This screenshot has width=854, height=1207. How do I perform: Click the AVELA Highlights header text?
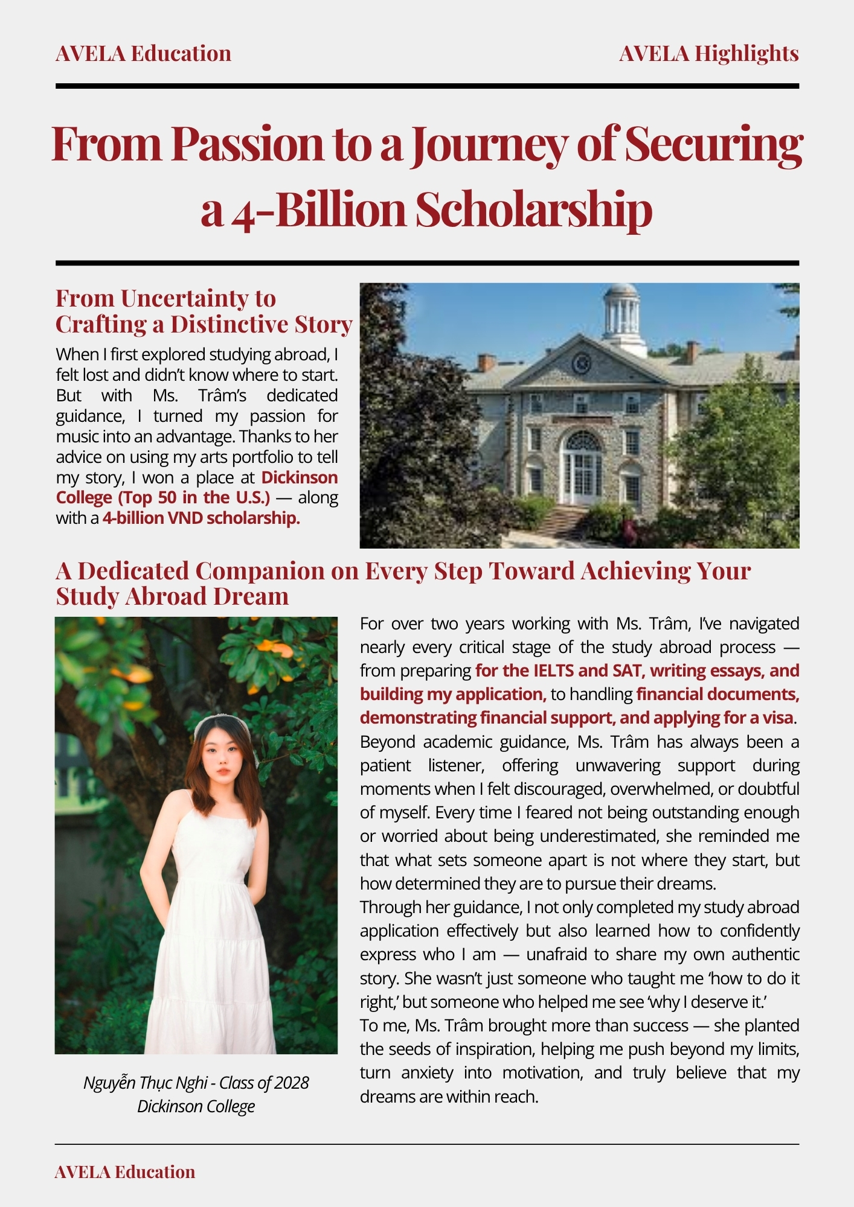(x=708, y=54)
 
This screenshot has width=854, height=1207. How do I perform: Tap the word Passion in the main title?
(x=247, y=145)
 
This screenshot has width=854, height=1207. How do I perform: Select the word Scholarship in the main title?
(x=533, y=209)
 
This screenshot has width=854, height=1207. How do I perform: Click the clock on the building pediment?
(x=581, y=363)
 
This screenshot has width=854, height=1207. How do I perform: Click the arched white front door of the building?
(x=582, y=471)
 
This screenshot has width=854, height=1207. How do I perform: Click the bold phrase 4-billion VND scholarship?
(x=201, y=518)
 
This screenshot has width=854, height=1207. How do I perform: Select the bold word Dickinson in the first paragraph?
(x=299, y=477)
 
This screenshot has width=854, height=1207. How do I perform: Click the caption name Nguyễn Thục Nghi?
(x=145, y=1083)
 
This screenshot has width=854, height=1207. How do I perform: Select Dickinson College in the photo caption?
(x=196, y=1106)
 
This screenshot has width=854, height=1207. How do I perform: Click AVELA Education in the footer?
(x=125, y=1172)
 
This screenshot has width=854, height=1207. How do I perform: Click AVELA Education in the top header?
(x=143, y=54)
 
